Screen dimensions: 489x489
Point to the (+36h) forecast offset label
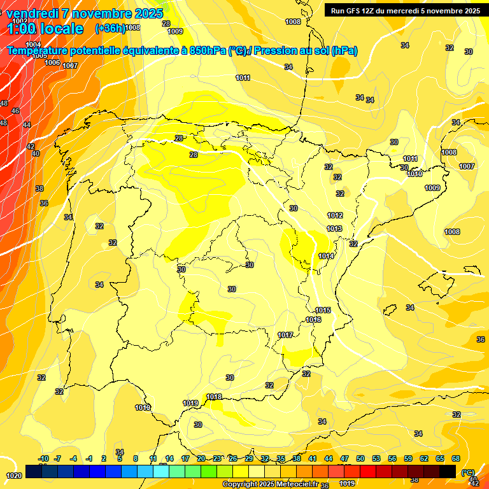click(110, 28)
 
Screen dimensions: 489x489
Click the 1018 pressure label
click(215, 397)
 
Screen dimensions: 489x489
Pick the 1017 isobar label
click(285, 336)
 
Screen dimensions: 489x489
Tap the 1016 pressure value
click(313, 320)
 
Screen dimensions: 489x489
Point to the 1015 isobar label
click(323, 311)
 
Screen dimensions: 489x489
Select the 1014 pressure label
click(326, 257)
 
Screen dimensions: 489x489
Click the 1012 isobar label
click(335, 216)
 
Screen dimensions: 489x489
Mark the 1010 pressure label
click(415, 174)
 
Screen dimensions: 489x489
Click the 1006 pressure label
click(52, 62)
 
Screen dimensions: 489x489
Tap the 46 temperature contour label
click(15, 111)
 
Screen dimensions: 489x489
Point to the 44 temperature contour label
click(27, 125)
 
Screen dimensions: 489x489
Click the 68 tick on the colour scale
click(456, 459)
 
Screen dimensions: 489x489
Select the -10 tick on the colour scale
click(44, 459)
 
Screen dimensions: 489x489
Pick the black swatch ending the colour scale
click(448, 471)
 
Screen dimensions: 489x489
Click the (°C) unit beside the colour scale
click(468, 472)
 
